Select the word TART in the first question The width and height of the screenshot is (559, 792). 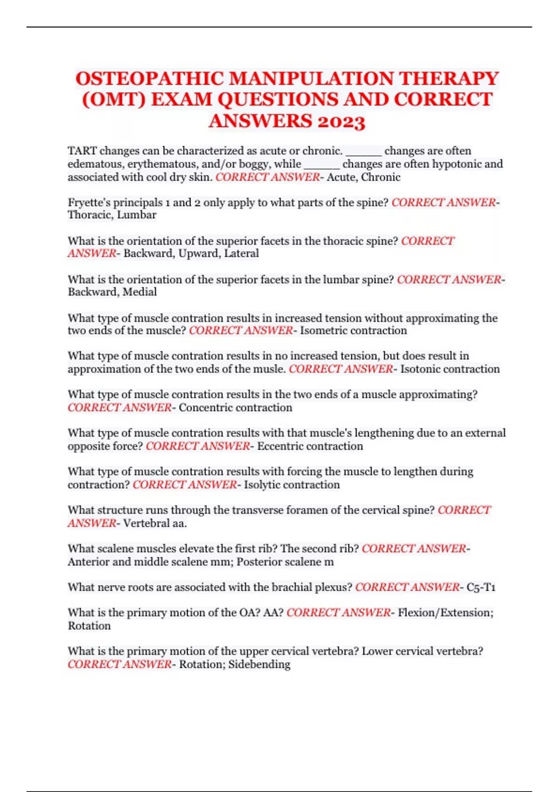[x=82, y=151]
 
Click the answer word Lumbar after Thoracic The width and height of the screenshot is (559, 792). [x=136, y=215]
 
